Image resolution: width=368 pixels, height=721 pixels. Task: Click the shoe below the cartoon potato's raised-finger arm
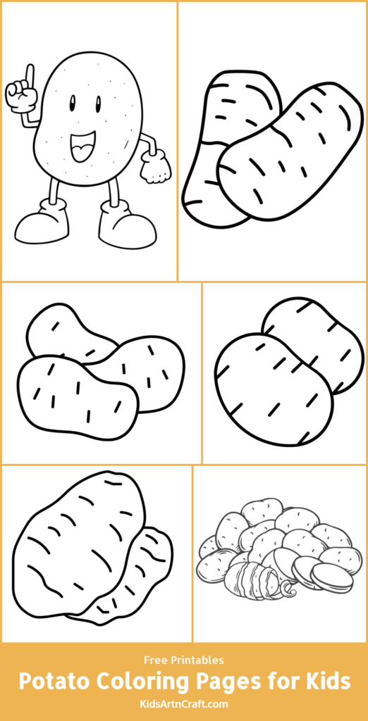[x=43, y=224]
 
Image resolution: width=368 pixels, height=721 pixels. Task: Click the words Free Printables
[x=183, y=660]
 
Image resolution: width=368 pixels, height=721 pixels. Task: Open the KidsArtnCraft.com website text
[x=183, y=703]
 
